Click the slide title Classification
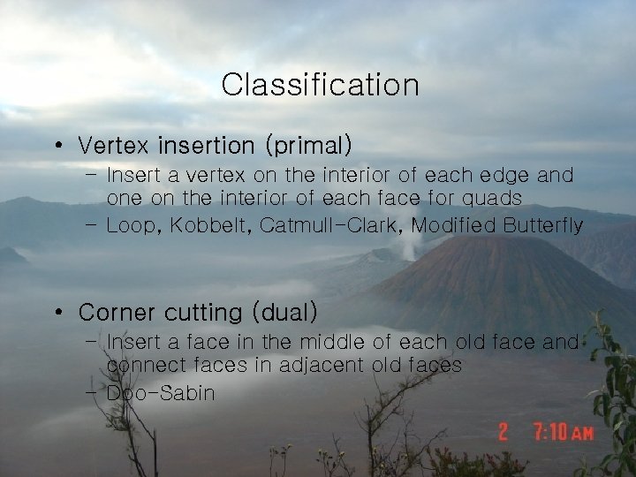(x=320, y=86)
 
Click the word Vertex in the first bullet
(x=110, y=143)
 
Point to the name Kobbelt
(x=208, y=226)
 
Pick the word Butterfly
(x=543, y=226)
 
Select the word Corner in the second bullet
(x=114, y=312)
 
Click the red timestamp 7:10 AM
(x=564, y=432)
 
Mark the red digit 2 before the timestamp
(x=503, y=432)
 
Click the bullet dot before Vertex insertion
(x=57, y=144)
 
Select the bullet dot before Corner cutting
(x=57, y=313)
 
